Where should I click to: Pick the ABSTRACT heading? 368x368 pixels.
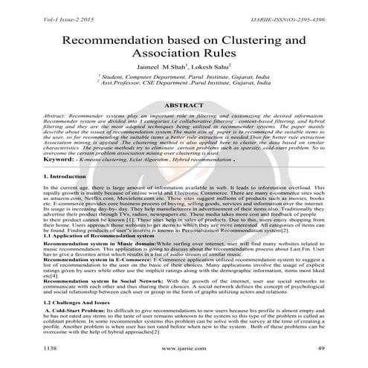click(184, 106)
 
